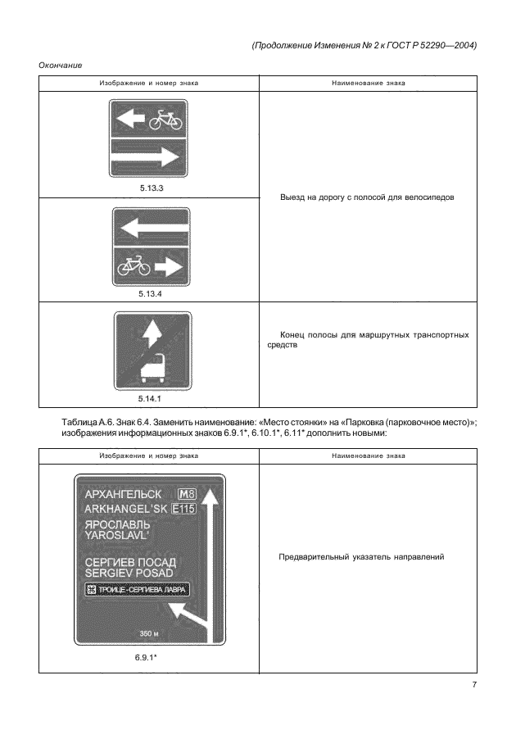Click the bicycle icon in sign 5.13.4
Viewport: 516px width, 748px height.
[x=134, y=265]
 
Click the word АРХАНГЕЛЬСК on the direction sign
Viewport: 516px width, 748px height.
[x=123, y=495]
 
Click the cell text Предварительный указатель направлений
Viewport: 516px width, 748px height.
[x=361, y=557]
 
